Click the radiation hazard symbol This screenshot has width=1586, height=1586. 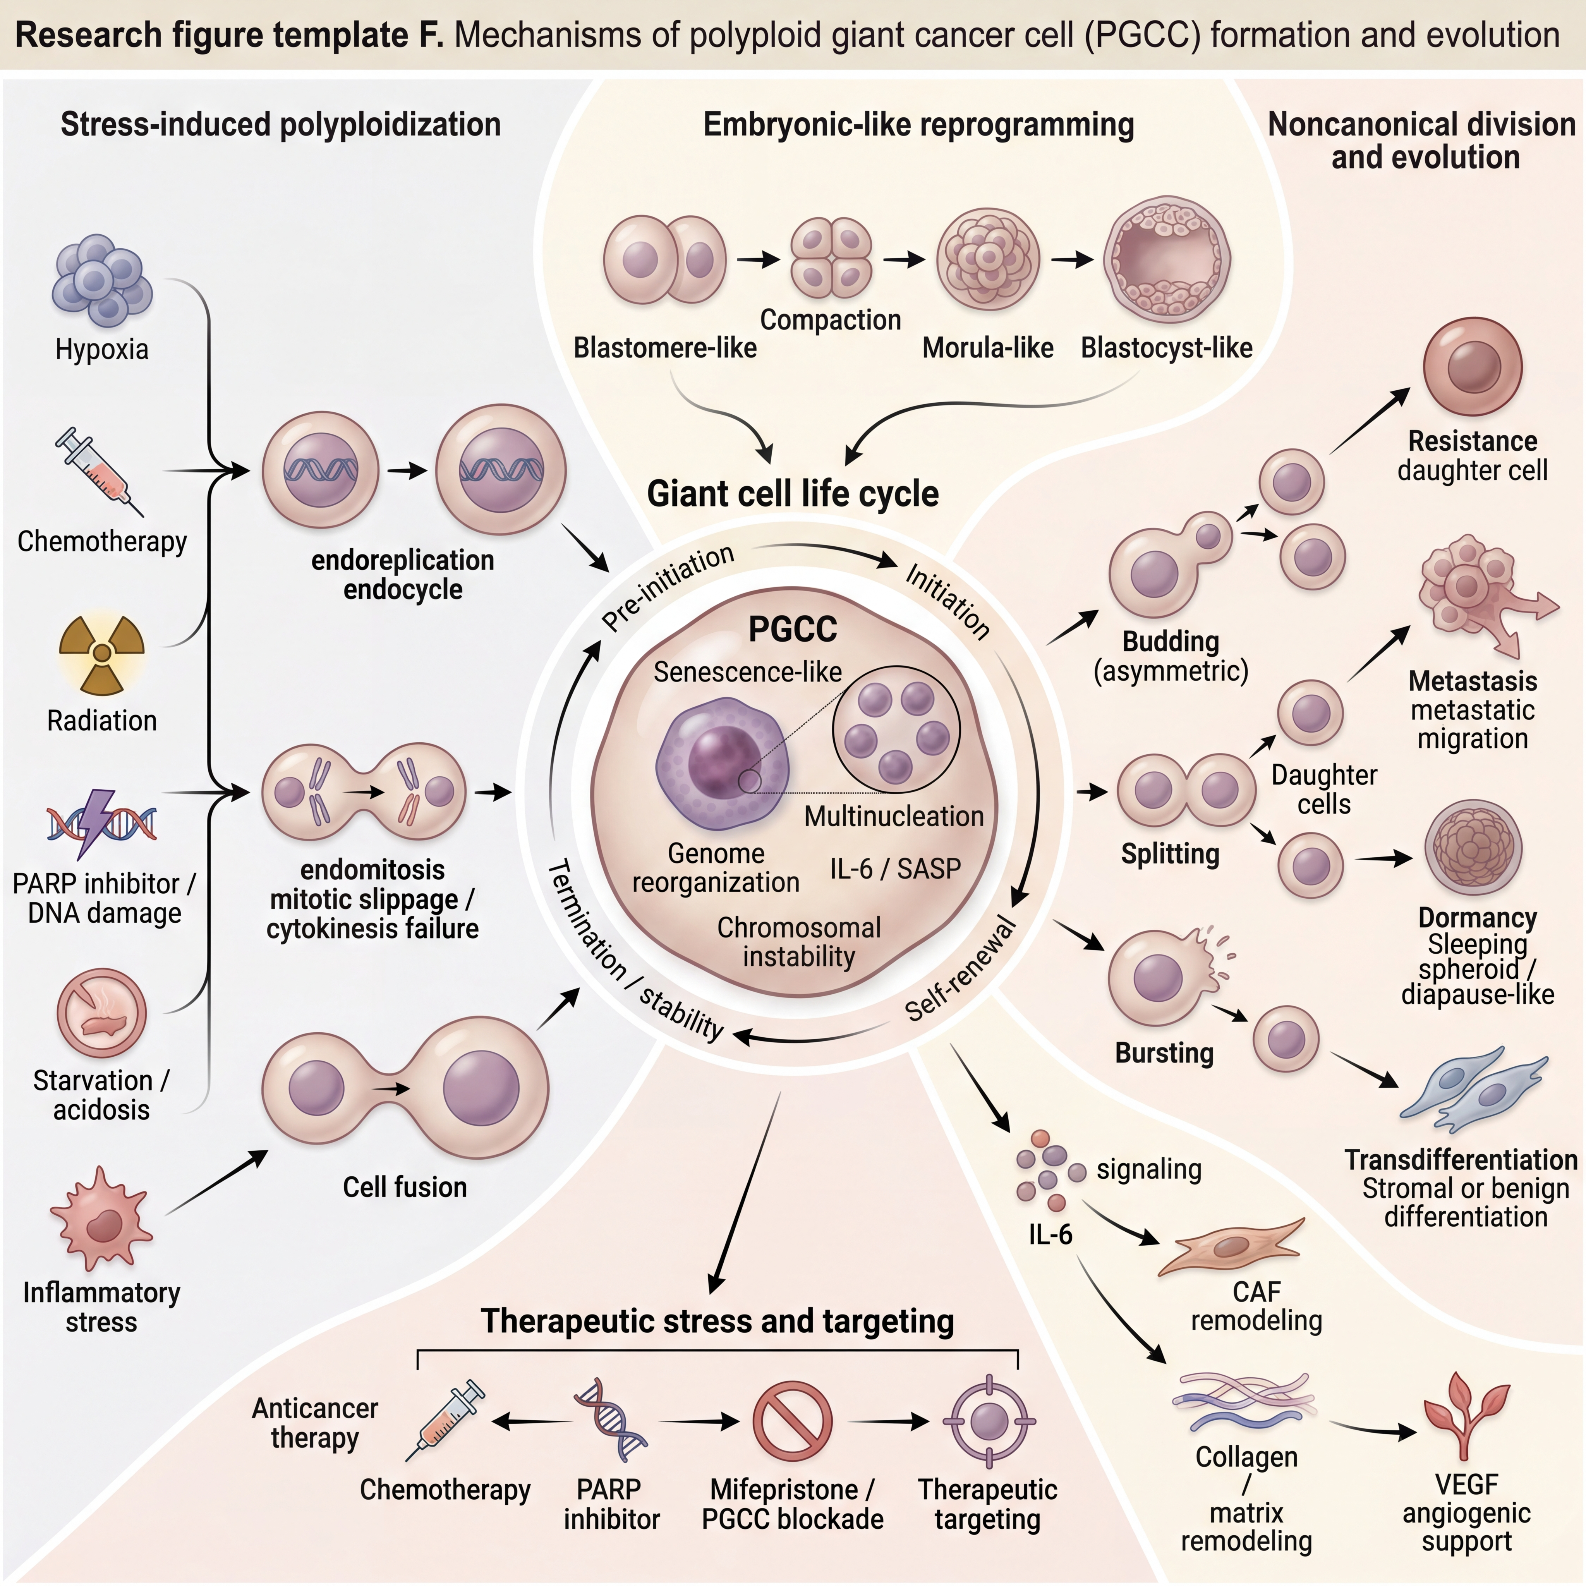tap(102, 654)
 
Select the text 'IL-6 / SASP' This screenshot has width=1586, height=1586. tap(895, 869)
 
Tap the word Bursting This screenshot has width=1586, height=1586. tap(1164, 1053)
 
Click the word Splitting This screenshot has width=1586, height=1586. tap(1170, 855)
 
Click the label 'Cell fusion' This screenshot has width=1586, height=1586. tap(405, 1187)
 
